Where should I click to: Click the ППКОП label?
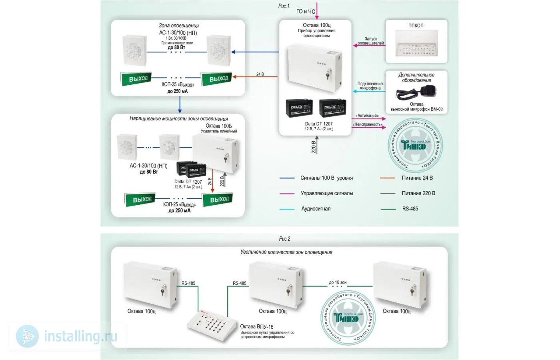coord(416,26)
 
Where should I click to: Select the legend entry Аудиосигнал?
coord(316,209)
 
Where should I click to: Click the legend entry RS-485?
coord(410,209)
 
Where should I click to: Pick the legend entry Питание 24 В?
coord(417,178)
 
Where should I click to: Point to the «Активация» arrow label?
coord(367,116)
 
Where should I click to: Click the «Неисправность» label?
coord(367,124)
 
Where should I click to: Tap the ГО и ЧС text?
coord(306,12)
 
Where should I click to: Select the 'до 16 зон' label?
coord(338,282)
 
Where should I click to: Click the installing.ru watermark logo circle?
coord(27,336)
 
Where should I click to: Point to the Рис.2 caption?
coord(284,239)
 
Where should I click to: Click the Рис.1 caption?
coord(284,6)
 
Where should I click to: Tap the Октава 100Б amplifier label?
coord(218,126)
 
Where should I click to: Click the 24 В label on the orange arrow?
coord(260,74)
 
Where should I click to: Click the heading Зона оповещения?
coord(178,26)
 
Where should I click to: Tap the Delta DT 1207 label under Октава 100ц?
coord(319,124)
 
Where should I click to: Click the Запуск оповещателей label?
coord(370,41)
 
